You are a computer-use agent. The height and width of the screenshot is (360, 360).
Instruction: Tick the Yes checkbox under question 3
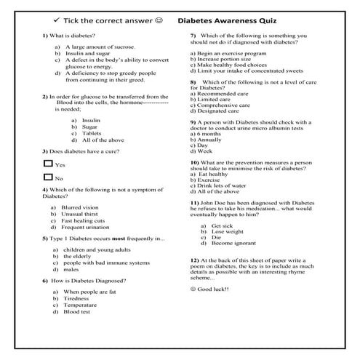(x=48, y=164)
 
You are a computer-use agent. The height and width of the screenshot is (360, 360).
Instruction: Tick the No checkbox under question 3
(x=48, y=177)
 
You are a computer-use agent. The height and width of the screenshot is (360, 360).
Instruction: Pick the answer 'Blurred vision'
(x=80, y=207)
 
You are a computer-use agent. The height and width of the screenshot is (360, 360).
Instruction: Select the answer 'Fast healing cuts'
(x=84, y=220)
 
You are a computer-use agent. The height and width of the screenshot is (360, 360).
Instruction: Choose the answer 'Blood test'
(x=76, y=312)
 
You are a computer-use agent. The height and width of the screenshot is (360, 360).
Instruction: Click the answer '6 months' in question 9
(x=210, y=134)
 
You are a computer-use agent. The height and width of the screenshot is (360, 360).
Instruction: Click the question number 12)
(x=194, y=260)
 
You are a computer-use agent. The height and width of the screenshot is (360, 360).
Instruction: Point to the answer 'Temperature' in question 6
(x=81, y=305)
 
